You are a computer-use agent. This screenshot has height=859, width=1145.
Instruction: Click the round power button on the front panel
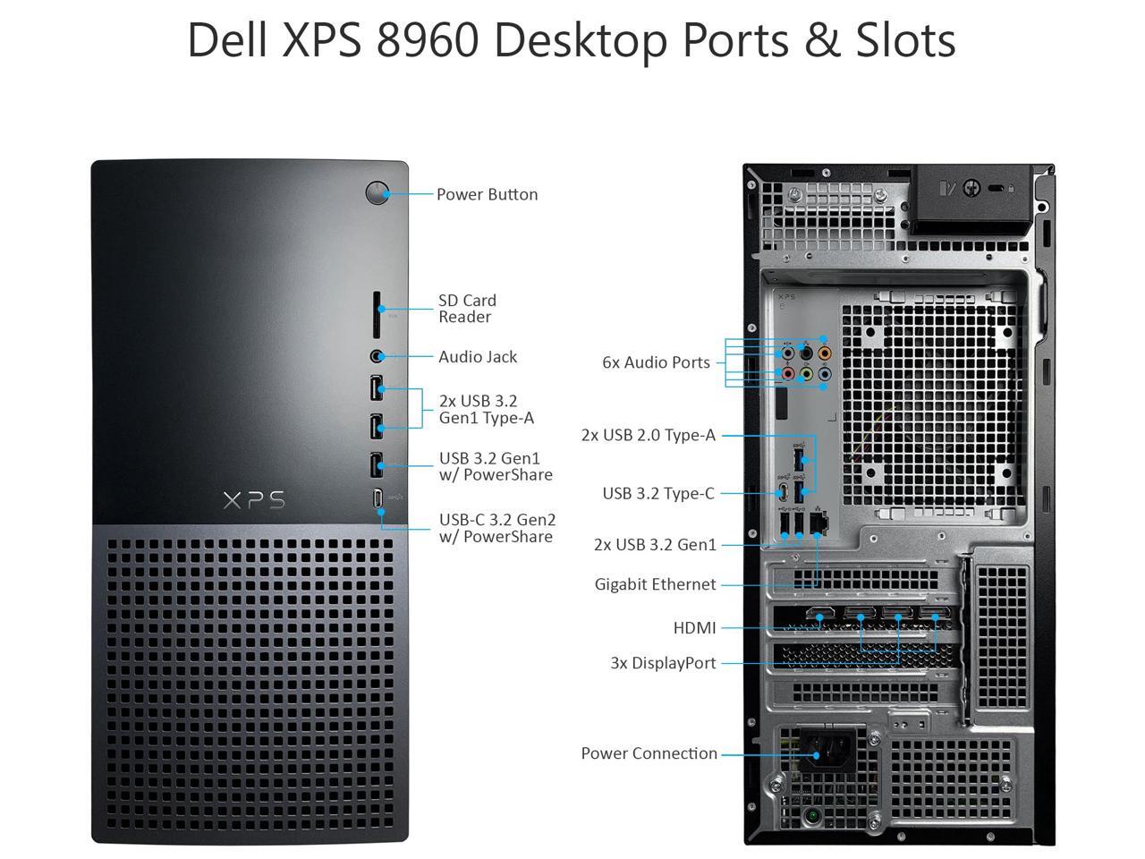377,192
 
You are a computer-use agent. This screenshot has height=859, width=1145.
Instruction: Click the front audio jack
377,356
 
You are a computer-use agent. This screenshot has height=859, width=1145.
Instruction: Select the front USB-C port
378,498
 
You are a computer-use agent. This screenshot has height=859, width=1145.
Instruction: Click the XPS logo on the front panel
254,499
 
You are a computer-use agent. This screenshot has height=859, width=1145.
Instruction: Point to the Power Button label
487,194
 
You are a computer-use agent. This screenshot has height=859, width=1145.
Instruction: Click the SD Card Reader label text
467,309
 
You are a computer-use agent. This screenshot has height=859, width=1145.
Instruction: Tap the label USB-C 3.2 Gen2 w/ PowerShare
496,528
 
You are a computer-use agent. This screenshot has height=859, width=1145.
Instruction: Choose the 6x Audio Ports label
656,362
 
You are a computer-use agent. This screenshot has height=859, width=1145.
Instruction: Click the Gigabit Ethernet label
655,584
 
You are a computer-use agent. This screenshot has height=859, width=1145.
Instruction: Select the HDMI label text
694,628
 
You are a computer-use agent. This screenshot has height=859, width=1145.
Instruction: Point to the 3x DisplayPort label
663,663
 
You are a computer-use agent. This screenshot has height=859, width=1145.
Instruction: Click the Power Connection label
649,753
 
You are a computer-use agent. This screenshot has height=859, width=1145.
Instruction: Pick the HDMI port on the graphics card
819,616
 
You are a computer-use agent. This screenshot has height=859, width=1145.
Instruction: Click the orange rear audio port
824,353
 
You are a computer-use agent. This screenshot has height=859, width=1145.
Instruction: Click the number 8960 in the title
427,39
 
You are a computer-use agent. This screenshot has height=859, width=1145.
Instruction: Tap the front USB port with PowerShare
377,464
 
